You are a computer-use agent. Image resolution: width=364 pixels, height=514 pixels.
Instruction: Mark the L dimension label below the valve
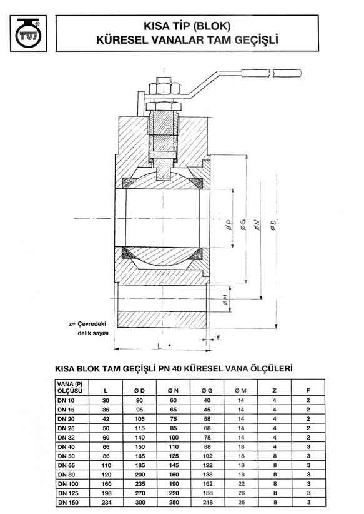(x=160, y=345)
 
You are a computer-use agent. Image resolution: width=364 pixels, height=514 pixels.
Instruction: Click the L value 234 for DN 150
(x=104, y=501)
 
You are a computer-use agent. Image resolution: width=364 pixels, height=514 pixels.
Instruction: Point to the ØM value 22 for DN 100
(x=240, y=483)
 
